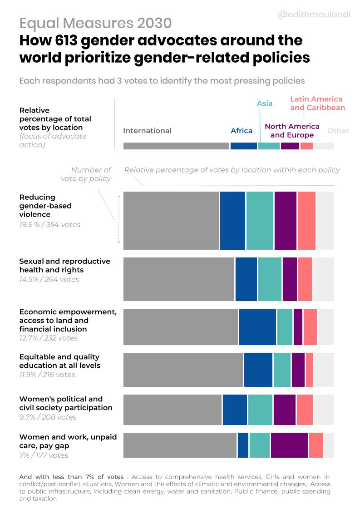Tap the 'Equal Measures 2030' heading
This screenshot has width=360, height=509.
pyautogui.click(x=95, y=23)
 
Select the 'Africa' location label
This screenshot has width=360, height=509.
pyautogui.click(x=241, y=131)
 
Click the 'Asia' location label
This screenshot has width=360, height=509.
pyautogui.click(x=265, y=103)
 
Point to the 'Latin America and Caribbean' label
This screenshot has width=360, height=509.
pyautogui.click(x=317, y=103)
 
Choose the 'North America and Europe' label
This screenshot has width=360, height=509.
pyautogui.click(x=292, y=131)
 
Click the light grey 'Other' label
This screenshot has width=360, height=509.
pyautogui.click(x=338, y=131)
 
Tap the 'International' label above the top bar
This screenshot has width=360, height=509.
pyautogui.click(x=147, y=131)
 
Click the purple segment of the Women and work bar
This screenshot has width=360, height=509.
pyautogui.click(x=289, y=445)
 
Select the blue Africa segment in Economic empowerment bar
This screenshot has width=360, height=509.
pyautogui.click(x=257, y=326)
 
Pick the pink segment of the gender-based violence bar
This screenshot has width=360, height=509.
pyautogui.click(x=306, y=220)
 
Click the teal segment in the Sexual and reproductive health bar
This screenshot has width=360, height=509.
pyautogui.click(x=270, y=279)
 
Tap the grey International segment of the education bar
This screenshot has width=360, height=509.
pyautogui.click(x=183, y=370)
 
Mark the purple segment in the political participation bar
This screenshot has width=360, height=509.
pyautogui.click(x=284, y=410)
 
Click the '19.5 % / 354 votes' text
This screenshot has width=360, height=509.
pyautogui.click(x=49, y=225)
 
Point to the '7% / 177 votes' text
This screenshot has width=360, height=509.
pyautogui.click(x=44, y=455)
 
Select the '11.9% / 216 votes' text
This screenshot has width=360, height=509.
pyautogui.click(x=47, y=375)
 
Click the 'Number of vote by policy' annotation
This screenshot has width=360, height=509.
pyautogui.click(x=86, y=174)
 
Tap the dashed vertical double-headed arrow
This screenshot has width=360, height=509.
pyautogui.click(x=119, y=219)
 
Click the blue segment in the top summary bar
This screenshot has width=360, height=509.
pyautogui.click(x=243, y=146)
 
